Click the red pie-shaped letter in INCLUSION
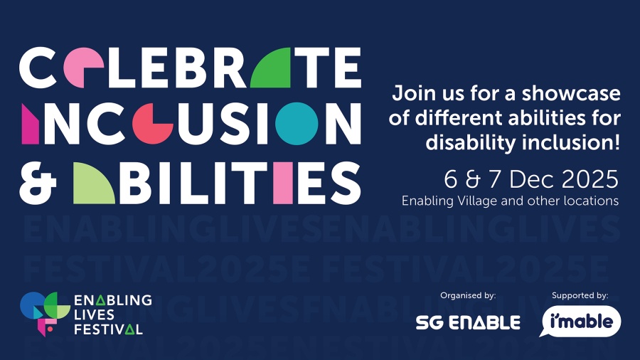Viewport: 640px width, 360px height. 149,124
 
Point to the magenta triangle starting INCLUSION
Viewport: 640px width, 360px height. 31,124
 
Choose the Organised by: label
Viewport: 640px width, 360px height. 468,295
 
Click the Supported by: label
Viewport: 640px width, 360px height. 580,295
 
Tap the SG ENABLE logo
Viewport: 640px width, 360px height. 468,322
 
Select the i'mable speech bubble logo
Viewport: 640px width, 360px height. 581,322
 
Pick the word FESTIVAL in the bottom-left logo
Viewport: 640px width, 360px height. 108,329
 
